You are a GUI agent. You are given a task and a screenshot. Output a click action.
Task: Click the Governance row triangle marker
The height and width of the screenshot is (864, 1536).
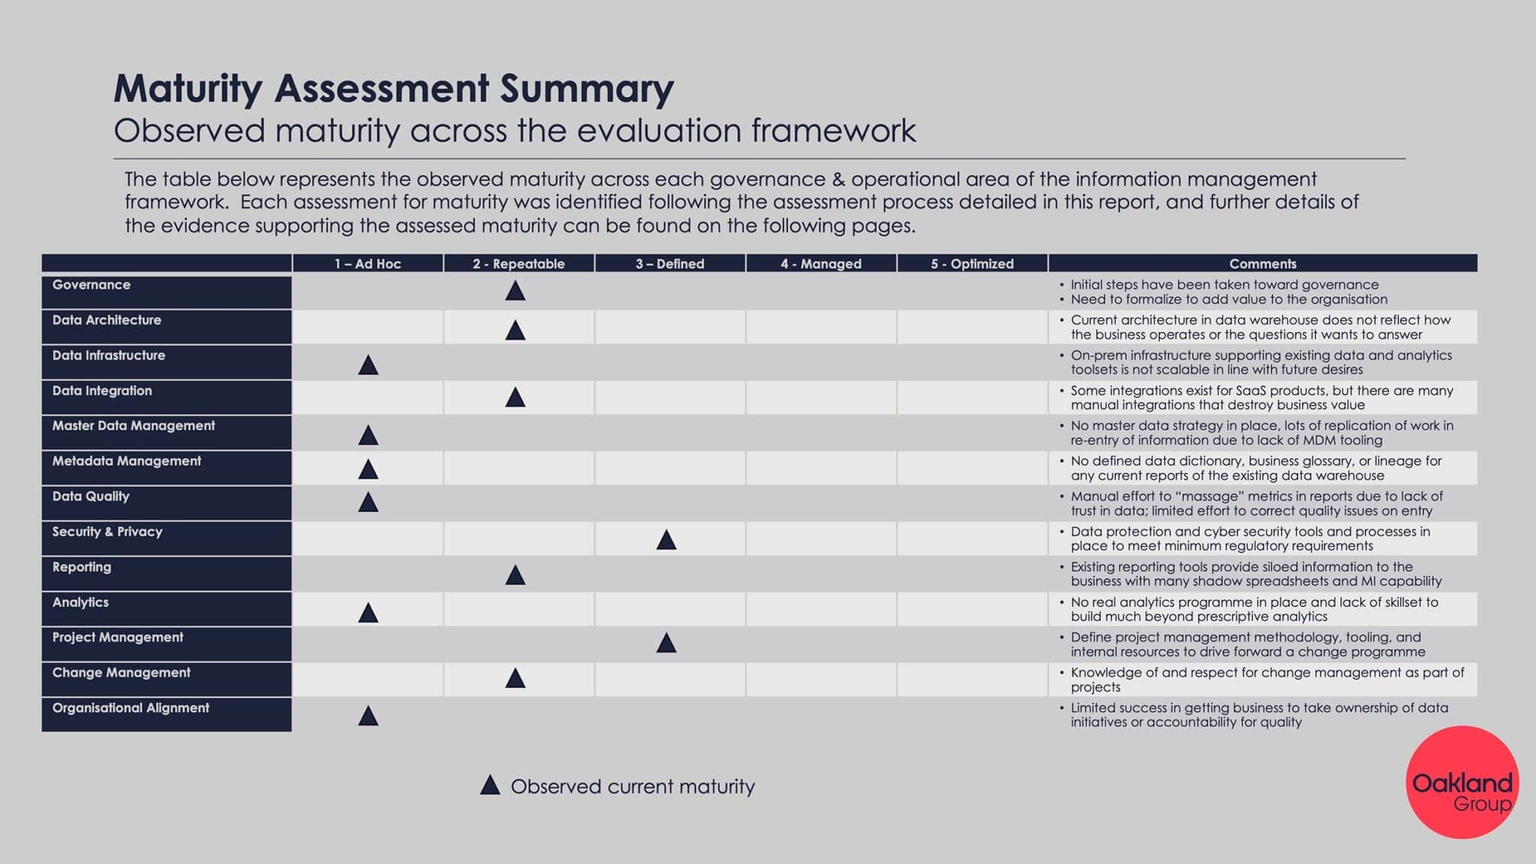point(515,291)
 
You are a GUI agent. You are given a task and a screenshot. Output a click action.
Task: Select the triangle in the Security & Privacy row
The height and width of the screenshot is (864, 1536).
point(667,540)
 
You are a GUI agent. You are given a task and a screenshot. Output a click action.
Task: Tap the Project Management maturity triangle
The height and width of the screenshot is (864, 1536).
point(667,643)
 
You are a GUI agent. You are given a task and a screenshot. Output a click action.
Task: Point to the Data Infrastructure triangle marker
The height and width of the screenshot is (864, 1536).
point(368,365)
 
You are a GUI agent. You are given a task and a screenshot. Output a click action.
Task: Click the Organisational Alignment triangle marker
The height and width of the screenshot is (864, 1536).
point(368,715)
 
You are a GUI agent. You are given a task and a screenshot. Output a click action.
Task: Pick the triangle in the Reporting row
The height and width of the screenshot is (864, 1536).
point(515,575)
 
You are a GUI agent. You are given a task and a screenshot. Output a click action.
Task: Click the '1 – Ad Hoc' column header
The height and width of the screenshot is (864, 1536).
point(367,263)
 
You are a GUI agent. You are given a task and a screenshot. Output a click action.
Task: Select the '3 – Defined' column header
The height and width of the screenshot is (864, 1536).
point(670,263)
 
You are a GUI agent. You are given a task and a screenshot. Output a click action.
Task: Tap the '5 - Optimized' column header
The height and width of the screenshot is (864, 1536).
point(972,263)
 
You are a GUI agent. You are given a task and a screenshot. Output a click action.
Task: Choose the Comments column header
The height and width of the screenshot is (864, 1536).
point(1263,263)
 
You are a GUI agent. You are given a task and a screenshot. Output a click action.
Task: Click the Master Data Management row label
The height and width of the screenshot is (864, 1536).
point(133,426)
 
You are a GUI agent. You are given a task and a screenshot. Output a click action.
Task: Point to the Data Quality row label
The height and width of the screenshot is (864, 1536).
point(91,496)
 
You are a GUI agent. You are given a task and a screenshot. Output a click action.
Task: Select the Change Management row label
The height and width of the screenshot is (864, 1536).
point(121,673)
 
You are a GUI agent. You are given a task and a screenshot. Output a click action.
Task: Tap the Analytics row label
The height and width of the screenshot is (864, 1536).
point(80,602)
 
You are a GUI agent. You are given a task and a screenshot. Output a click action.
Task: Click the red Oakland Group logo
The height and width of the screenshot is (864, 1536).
point(1462,782)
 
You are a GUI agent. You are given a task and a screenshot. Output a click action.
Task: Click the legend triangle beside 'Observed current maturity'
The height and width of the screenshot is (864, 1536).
point(490,785)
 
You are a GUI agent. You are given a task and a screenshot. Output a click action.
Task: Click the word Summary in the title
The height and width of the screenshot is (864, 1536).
point(587,88)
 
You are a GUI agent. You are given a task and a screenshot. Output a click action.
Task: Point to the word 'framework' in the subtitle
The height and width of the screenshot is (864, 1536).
point(833,130)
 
